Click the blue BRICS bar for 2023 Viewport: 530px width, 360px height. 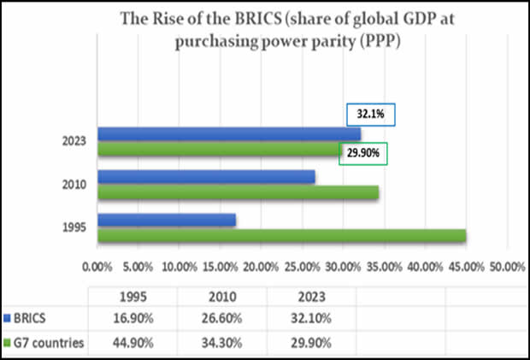[228, 134]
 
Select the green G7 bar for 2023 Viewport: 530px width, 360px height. [218, 150]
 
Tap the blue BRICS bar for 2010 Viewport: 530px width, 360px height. [206, 177]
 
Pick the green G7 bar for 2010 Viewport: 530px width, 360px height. [238, 192]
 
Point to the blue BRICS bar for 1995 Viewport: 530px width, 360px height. [166, 221]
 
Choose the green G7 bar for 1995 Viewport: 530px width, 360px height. [281, 235]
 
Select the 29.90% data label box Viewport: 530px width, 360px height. [362, 153]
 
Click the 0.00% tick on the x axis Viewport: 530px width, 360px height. [98, 267]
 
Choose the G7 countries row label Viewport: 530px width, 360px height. [48, 343]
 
